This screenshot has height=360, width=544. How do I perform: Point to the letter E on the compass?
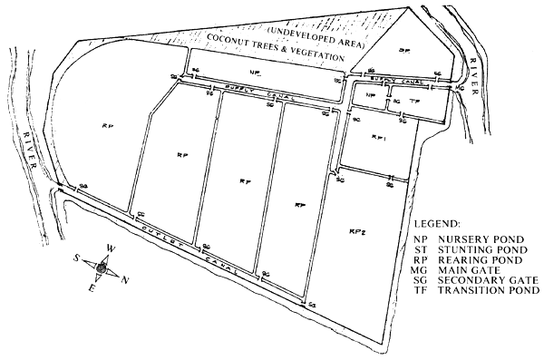(91, 288)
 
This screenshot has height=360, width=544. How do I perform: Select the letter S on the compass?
(79, 258)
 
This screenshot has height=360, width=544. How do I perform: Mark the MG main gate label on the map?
(460, 89)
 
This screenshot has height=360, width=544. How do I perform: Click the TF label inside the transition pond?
(414, 102)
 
